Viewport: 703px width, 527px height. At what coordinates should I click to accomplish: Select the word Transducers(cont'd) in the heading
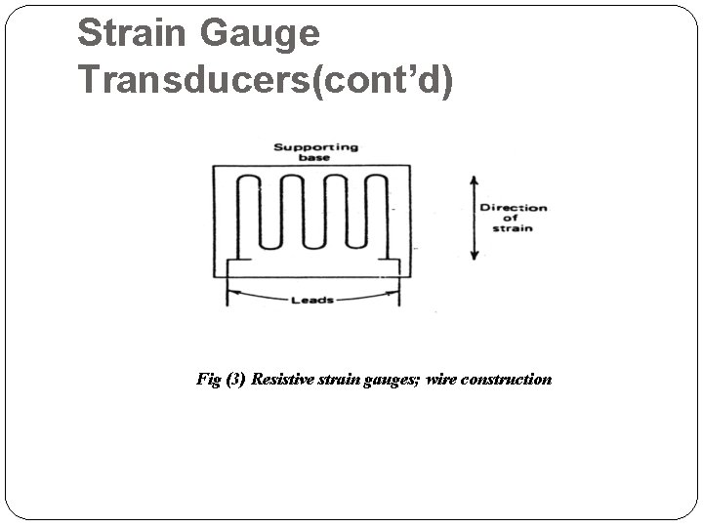(266, 79)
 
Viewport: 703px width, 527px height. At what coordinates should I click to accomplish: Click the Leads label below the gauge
(312, 300)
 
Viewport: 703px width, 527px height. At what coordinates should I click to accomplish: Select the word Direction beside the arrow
(513, 207)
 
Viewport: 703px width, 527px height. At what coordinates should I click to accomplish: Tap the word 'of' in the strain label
(512, 218)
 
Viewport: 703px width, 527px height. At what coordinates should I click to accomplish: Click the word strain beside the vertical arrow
(512, 229)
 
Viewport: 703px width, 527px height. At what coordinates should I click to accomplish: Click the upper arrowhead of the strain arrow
(475, 182)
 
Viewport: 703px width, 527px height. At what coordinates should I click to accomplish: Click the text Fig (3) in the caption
(221, 379)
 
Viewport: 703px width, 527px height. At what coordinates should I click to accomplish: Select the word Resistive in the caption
(280, 379)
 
